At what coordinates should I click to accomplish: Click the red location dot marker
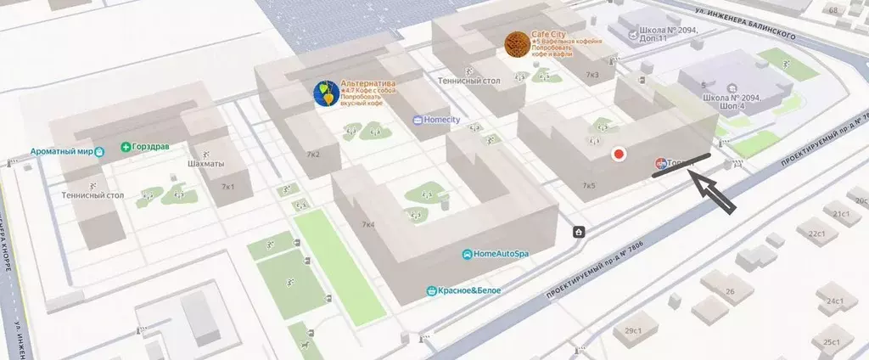coord(620,155)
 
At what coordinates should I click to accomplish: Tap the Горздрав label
coord(151,146)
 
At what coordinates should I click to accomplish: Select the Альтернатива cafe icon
coord(325,94)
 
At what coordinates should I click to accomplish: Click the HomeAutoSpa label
coord(501,254)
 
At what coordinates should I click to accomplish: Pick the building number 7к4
coord(368,225)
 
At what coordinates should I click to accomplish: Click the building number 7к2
coord(312,155)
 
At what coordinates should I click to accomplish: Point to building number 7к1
coord(227,186)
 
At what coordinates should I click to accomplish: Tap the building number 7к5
coord(589,185)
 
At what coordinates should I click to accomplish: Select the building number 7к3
coord(592,76)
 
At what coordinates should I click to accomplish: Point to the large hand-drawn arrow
coord(715,194)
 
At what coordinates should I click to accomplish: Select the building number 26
coord(729,291)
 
